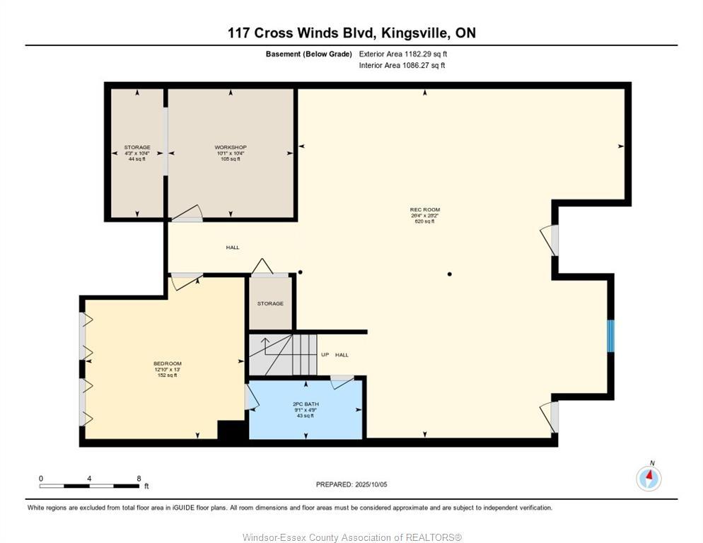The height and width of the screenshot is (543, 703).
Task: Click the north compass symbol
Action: (x=649, y=479)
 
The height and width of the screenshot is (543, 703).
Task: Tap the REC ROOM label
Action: (x=425, y=210)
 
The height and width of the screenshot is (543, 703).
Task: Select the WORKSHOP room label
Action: (x=231, y=148)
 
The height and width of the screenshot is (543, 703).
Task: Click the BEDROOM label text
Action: (x=168, y=363)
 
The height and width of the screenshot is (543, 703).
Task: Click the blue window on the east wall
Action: (x=611, y=336)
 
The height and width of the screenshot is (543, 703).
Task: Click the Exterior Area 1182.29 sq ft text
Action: (x=403, y=54)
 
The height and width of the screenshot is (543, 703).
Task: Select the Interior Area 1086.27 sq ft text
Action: (x=402, y=66)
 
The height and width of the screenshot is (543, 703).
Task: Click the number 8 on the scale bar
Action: (x=139, y=479)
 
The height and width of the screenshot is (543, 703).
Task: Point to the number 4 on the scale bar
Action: (x=90, y=479)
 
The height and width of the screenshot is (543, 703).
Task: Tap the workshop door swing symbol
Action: (x=187, y=214)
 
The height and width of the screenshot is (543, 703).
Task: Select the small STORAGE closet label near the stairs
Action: (x=270, y=304)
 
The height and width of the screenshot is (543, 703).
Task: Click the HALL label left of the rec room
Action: (x=233, y=247)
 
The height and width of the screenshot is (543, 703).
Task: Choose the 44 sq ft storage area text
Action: (x=136, y=159)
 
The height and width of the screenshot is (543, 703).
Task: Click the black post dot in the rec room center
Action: (x=450, y=274)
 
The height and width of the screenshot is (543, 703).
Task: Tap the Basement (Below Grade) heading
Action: (x=308, y=54)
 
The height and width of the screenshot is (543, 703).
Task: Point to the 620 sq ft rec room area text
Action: (x=425, y=221)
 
